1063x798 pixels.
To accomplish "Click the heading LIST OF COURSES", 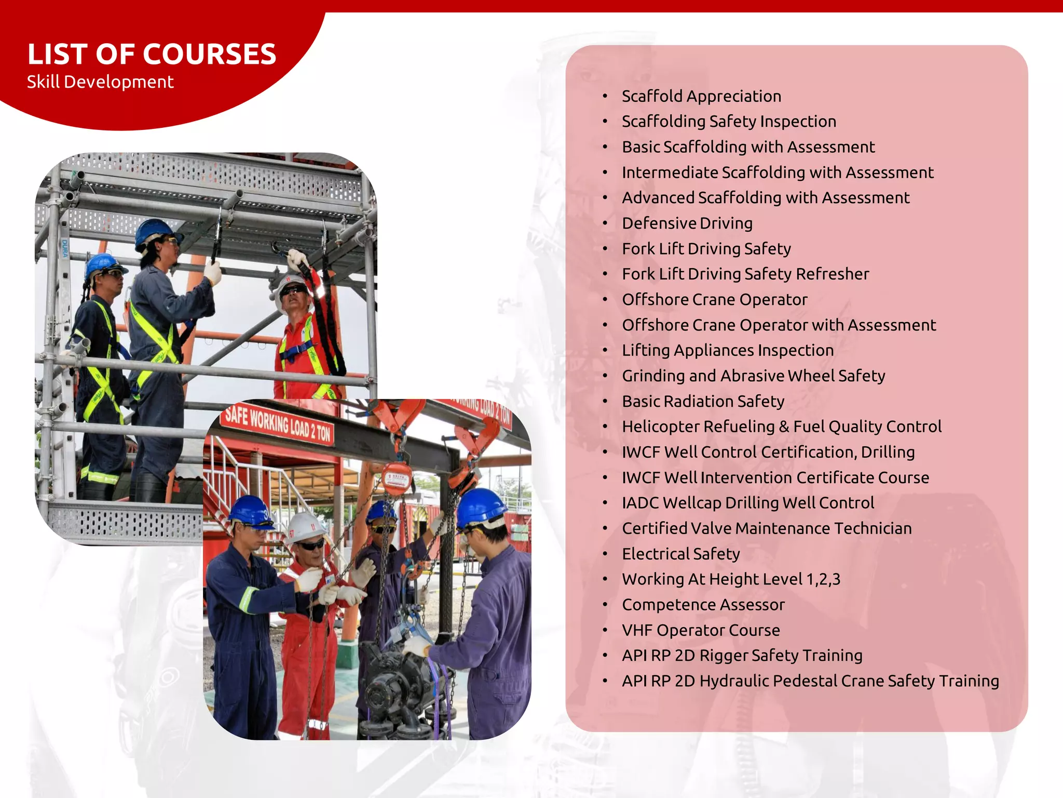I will (152, 55).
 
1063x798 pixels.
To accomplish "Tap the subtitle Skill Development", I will (100, 82).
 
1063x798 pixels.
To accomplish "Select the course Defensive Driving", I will (687, 223).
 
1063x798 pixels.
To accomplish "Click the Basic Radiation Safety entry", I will (703, 402).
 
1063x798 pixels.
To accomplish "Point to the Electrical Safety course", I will (680, 554).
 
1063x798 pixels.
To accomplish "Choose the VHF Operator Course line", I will (701, 630).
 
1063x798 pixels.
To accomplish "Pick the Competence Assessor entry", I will (703, 605).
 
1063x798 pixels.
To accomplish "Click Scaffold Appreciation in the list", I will (701, 96).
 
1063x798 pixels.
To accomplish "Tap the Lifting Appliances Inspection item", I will (728, 351).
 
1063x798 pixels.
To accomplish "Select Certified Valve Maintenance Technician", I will (767, 528).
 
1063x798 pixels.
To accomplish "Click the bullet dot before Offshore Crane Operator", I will (605, 300).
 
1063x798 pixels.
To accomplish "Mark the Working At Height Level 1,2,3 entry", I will (731, 579).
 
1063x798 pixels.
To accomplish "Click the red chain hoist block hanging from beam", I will (398, 478).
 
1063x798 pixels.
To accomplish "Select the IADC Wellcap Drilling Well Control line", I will (748, 503).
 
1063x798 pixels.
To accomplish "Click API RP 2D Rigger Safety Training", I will (742, 656).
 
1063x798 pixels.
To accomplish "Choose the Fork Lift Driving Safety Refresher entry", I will (745, 274).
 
